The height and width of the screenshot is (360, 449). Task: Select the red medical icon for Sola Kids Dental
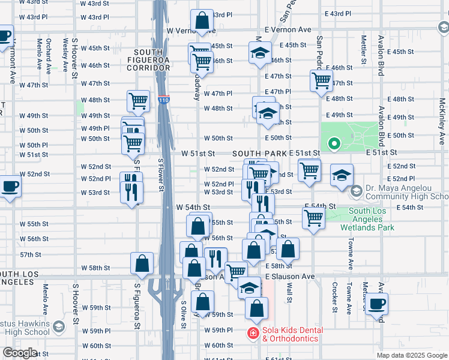[253, 334]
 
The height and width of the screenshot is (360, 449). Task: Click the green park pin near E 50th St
[334, 144]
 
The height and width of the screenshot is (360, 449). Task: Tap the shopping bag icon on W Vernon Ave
[202, 22]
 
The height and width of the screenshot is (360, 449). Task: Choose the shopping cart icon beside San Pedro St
[322, 80]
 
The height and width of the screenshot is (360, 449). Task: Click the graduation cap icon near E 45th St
[259, 53]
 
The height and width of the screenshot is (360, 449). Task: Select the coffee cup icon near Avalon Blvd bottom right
[376, 304]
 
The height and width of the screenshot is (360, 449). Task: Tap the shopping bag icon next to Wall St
[288, 248]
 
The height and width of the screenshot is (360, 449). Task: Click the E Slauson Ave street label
[290, 276]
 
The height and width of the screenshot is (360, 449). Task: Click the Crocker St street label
[335, 298]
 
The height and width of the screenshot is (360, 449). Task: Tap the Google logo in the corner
[20, 353]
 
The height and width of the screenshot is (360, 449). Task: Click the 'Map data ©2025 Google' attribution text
[411, 355]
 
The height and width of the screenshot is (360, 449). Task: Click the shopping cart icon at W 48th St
[138, 101]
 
